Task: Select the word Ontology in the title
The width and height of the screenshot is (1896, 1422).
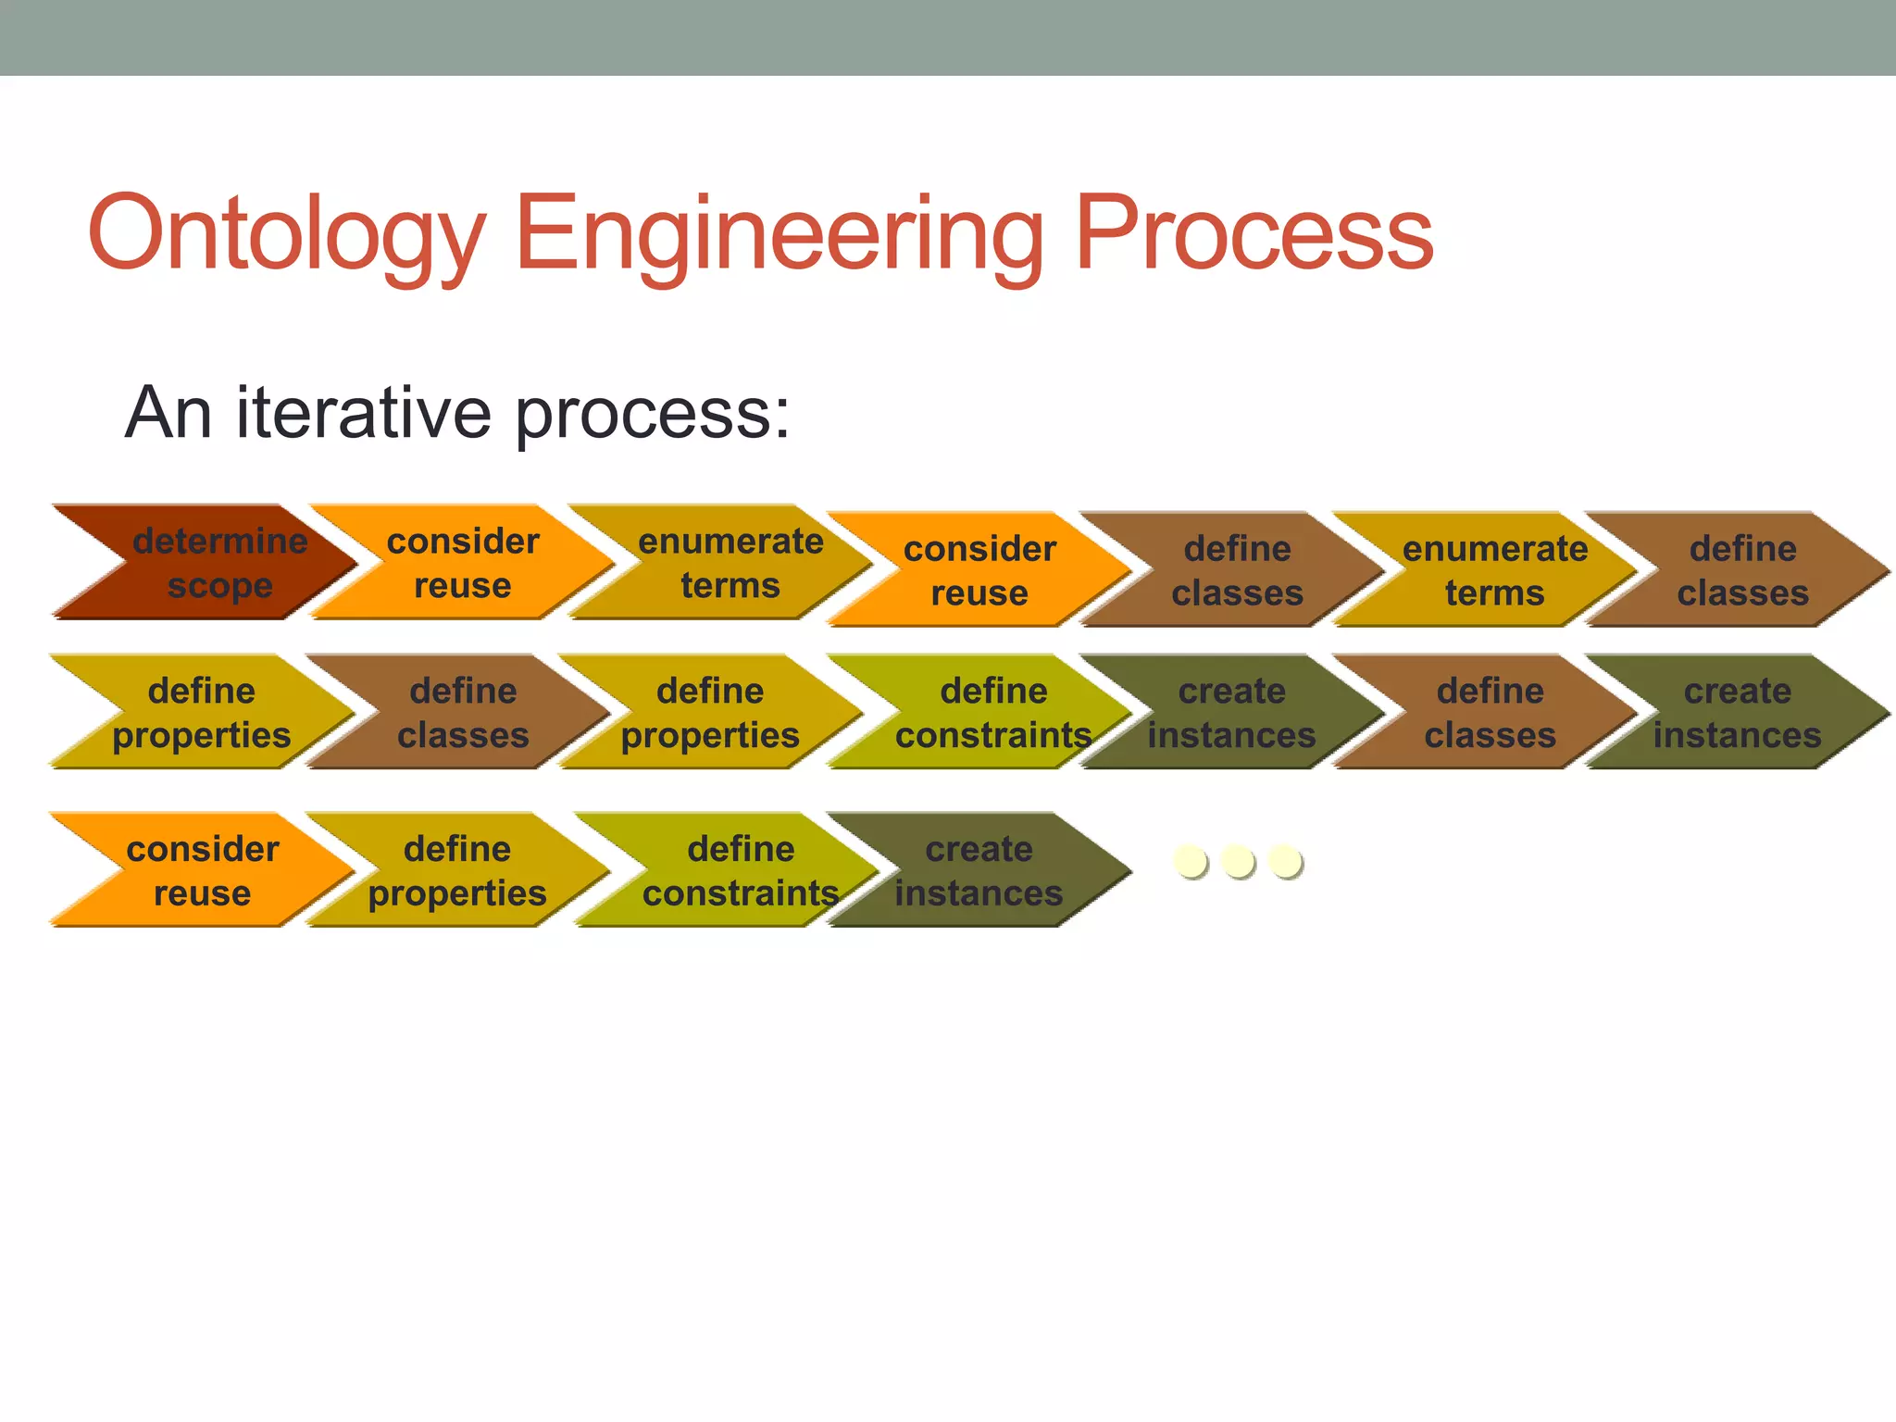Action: [x=286, y=233]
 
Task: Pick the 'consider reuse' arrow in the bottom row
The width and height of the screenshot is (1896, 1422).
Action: [x=202, y=870]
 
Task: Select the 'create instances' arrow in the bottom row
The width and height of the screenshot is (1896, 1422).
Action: [x=979, y=870]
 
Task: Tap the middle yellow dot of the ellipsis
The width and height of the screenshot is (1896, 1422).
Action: [x=1238, y=861]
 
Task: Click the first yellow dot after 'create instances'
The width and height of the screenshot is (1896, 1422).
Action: [x=1190, y=861]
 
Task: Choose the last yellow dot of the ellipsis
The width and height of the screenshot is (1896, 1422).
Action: [x=1285, y=861]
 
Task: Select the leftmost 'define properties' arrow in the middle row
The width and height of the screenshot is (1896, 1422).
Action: [x=201, y=712]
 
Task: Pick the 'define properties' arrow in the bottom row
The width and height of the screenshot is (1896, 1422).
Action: [x=457, y=870]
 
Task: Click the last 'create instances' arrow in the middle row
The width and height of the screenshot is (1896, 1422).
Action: [x=1737, y=712]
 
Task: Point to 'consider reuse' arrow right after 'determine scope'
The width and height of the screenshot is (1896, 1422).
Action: [x=462, y=563]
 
